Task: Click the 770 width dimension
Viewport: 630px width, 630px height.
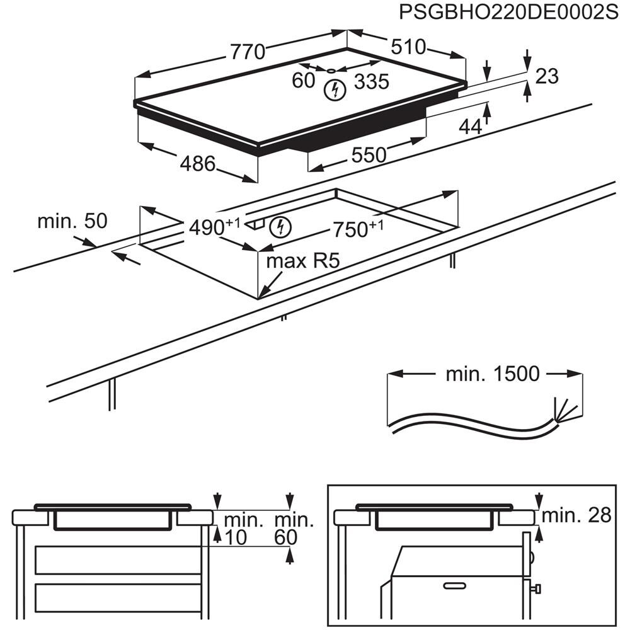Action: pos(247,52)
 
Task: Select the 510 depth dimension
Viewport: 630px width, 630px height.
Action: pos(408,47)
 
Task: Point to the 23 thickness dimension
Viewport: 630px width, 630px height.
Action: pos(547,76)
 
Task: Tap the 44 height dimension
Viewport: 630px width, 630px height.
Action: pos(469,127)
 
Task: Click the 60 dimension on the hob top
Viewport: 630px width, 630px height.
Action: pos(303,81)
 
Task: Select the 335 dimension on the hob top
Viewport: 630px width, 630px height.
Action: pos(371,81)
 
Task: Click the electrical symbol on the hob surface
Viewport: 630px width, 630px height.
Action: pos(335,90)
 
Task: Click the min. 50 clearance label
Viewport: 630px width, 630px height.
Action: pos(72,221)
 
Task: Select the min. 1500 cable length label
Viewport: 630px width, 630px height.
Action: pos(493,374)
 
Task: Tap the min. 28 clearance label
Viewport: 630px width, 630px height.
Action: pos(577,515)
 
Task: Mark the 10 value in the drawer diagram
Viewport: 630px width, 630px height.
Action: pos(236,537)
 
